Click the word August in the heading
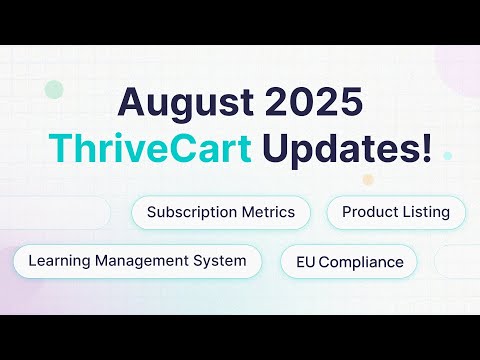click(185, 103)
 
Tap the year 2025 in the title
click(313, 101)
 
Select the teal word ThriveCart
click(150, 147)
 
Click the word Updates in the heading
click(341, 149)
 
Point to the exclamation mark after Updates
click(427, 147)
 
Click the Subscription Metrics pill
click(221, 213)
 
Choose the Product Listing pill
click(396, 213)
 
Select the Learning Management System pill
click(137, 261)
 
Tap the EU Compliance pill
click(349, 261)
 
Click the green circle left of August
click(54, 90)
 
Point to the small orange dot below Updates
click(368, 180)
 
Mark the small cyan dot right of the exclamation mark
click(447, 156)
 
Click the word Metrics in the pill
click(268, 212)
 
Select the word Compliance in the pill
click(361, 263)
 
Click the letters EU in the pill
click(306, 262)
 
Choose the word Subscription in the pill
click(192, 213)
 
